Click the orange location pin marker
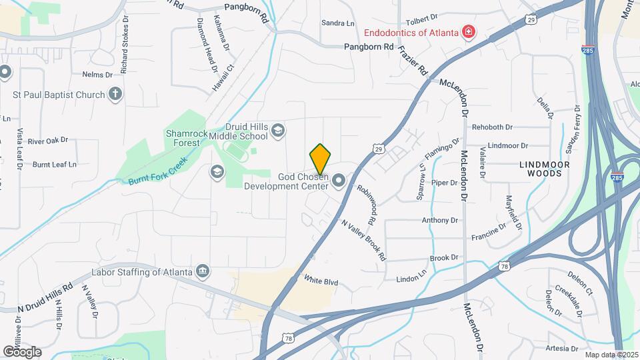click(x=320, y=159)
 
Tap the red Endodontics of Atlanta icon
click(x=469, y=32)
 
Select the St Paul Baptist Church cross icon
click(x=115, y=94)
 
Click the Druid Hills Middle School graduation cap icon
click(x=278, y=130)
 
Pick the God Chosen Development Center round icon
click(x=339, y=180)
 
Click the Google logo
click(x=22, y=352)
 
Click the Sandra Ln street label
click(x=338, y=23)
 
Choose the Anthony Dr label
click(x=440, y=220)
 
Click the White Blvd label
click(x=321, y=281)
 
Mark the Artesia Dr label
click(x=543, y=348)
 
